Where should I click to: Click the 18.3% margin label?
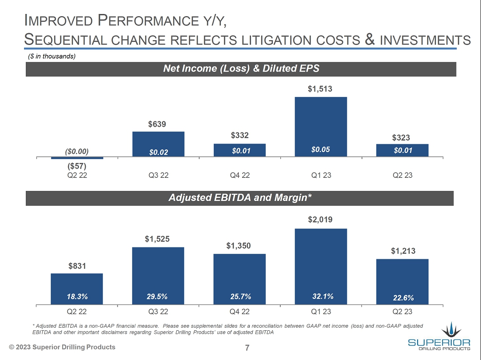coord(77,297)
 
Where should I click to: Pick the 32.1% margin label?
coord(323,296)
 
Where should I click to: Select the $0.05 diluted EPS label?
coord(321,149)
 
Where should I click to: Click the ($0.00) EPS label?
coord(77,151)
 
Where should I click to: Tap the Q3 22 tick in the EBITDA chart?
coord(158,312)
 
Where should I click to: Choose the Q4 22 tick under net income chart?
coord(240,175)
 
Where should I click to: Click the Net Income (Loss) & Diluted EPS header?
coord(241,69)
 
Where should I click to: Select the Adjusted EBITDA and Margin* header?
coord(240,198)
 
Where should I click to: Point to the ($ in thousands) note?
coord(49,56)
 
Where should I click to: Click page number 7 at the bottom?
coord(247,348)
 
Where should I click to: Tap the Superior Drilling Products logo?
coord(439,336)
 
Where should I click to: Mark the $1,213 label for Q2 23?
coord(403,251)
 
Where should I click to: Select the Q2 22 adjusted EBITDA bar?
coord(77,288)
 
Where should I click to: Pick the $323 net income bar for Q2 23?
coord(402,150)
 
